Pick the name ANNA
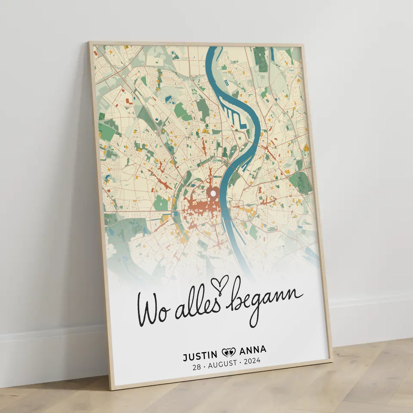coord(253,350)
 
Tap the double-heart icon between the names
coord(228,353)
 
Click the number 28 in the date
coord(197,367)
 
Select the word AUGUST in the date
coord(223,364)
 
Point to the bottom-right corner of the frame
coord(332,361)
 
